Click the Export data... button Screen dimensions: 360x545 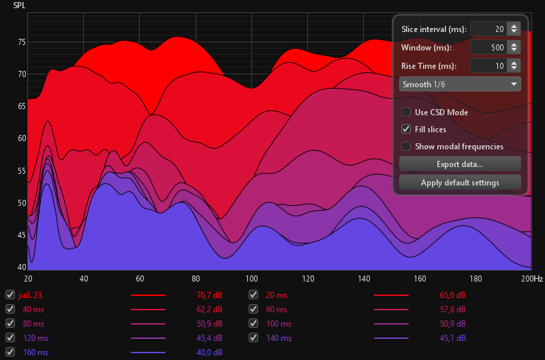click(460, 164)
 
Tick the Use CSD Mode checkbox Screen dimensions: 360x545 click(406, 112)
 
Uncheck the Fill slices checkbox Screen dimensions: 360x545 click(406, 129)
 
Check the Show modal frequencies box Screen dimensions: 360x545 click(406, 146)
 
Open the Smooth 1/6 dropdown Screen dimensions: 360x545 click(460, 84)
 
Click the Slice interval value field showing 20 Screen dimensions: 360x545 click(488, 29)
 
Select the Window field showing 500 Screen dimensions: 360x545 click(488, 48)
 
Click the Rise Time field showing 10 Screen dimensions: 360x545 click(488, 66)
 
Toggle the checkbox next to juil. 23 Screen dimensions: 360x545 click(10, 295)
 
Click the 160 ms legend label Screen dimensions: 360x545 click(35, 352)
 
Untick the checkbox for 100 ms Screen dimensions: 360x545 click(253, 323)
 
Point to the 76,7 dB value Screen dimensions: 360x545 click(208, 295)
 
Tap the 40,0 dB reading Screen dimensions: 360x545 click(208, 352)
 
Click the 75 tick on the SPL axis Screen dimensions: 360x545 click(21, 42)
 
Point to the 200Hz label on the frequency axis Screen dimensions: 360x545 click(531, 279)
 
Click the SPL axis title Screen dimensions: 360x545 click(19, 5)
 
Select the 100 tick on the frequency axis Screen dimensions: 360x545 click(251, 279)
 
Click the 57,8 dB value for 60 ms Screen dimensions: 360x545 click(453, 310)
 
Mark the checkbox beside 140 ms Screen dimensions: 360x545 click(253, 337)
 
